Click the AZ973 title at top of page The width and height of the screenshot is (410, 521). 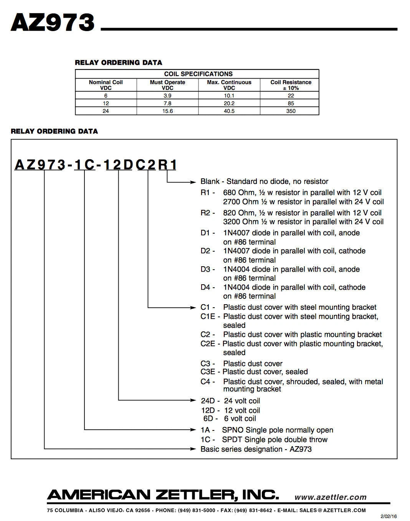[x=53, y=22]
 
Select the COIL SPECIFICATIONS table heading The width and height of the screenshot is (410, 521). [x=198, y=74]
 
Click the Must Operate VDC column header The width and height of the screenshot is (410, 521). [x=167, y=85]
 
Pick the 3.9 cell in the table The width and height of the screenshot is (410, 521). [x=167, y=96]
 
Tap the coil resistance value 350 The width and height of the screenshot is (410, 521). [x=291, y=111]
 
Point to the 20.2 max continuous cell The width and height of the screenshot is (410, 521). [x=229, y=103]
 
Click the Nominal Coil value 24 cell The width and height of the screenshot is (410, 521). [x=106, y=111]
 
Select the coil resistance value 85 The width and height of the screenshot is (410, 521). [x=291, y=103]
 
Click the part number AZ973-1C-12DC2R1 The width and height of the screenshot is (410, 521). [x=96, y=165]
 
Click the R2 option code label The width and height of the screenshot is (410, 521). [x=206, y=213]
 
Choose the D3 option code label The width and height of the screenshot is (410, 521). [x=206, y=269]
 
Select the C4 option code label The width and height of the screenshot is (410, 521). [x=206, y=382]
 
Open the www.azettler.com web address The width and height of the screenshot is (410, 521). [x=330, y=497]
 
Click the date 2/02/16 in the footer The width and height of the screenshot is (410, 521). [x=388, y=516]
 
